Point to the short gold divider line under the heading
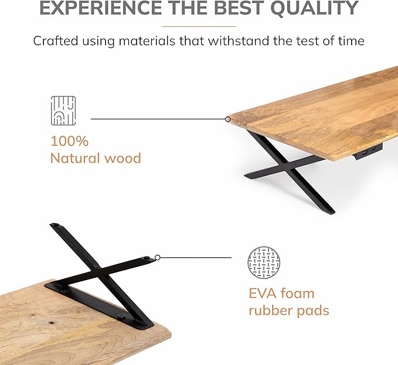point(199,26)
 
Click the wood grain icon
point(63,111)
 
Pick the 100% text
point(69,141)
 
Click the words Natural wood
point(96,158)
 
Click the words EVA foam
point(281,293)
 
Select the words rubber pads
point(288,310)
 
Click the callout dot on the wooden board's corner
point(228,119)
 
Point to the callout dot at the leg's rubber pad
point(157,257)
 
